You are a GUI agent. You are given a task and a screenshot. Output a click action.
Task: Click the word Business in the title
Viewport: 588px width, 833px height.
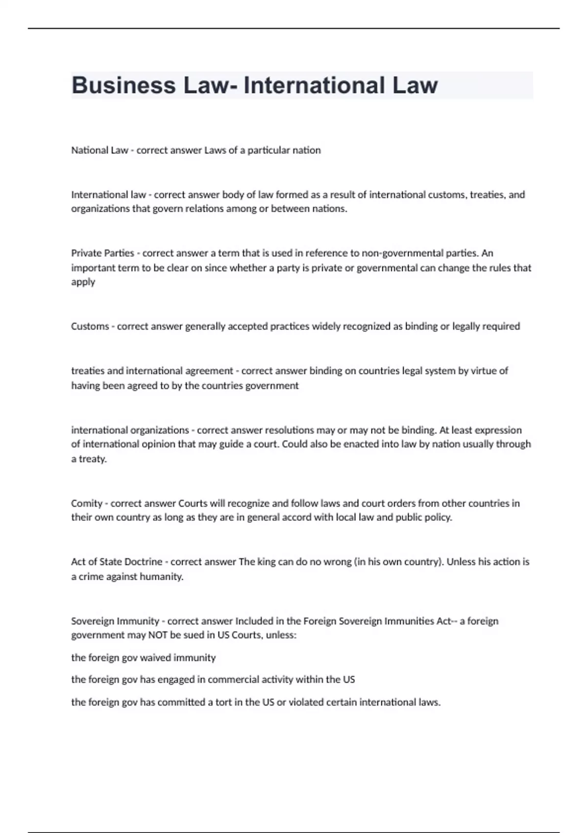tap(123, 85)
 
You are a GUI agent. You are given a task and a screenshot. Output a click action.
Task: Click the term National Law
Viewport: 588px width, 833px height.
tap(99, 150)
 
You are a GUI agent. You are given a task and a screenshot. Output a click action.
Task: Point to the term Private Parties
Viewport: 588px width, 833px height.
tap(102, 253)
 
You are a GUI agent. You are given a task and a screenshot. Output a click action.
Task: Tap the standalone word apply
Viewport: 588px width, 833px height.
tap(83, 282)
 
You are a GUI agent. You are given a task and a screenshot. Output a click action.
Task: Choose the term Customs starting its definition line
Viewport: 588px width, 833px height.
tap(90, 326)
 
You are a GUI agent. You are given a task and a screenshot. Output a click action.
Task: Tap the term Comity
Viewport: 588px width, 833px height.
tap(86, 503)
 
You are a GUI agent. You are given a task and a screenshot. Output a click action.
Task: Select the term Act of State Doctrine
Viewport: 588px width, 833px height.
tap(117, 562)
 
